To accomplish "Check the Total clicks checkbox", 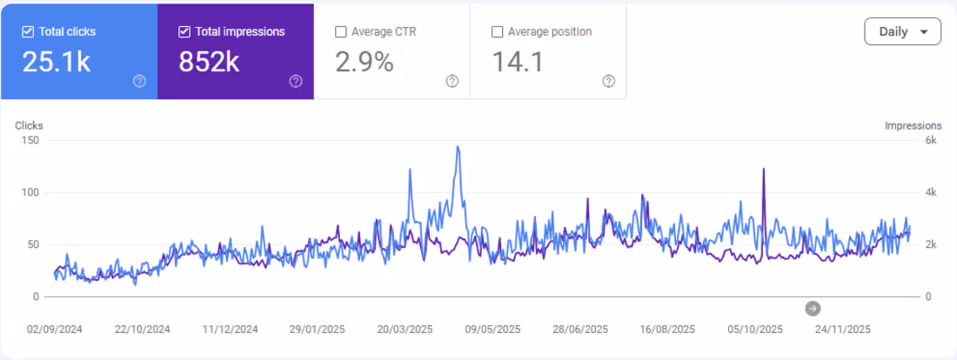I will [x=28, y=32].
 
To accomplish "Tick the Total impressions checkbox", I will [x=184, y=32].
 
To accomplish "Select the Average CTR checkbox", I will [x=341, y=32].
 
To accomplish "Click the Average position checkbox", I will [x=498, y=32].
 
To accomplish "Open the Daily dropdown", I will [x=902, y=32].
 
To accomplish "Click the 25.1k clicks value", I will [x=57, y=62].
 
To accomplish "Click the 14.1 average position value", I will [x=519, y=62].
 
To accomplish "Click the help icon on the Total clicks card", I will [x=139, y=82].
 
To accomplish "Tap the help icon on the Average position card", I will [x=609, y=82].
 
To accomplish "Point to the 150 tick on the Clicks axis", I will [x=30, y=140].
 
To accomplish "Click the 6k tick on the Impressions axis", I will [x=930, y=140].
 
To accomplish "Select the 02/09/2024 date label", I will [x=56, y=330].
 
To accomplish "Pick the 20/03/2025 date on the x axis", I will [x=405, y=330].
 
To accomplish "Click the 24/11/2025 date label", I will [x=842, y=330].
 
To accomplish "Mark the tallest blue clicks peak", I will [x=458, y=147].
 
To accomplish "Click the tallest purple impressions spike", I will [x=764, y=169].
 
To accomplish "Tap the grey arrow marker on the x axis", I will [x=813, y=308].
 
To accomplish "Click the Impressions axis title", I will [x=913, y=126].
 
